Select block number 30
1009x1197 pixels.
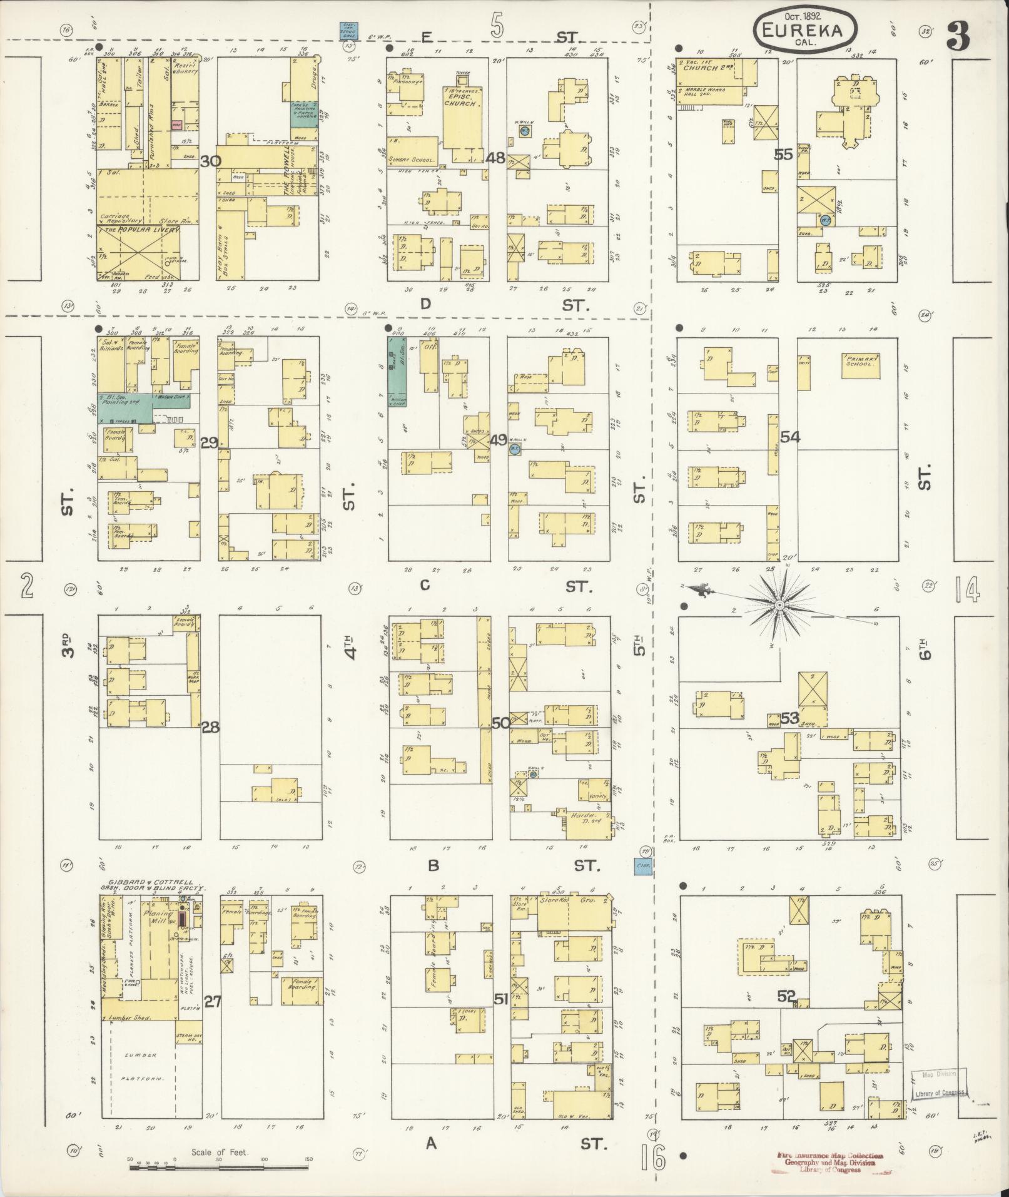211,161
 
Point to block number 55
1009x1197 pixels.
783,155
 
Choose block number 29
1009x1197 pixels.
210,443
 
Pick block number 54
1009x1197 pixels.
789,437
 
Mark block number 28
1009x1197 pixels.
211,727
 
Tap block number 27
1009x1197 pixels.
213,1001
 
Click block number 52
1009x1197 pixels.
787,996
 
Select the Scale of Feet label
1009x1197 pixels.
220,1152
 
